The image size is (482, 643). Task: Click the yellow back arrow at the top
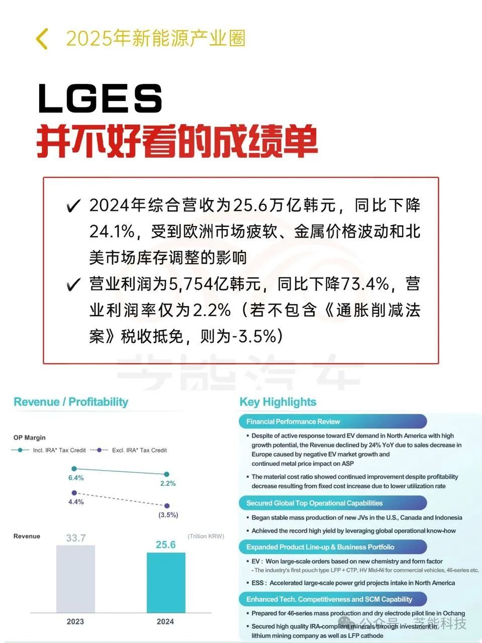(42, 39)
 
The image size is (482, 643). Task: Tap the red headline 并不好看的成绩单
(177, 141)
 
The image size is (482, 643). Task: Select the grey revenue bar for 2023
(75, 579)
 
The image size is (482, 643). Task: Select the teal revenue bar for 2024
(166, 583)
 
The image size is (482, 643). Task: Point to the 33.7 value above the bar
(76, 538)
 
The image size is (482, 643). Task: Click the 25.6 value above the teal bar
(166, 545)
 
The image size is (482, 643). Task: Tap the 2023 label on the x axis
(75, 621)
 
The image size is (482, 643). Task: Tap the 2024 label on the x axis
(165, 621)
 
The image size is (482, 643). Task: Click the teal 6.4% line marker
(74, 469)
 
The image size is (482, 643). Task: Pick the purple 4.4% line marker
(74, 493)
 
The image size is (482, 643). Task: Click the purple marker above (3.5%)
(167, 506)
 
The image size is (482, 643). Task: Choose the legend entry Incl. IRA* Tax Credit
(59, 450)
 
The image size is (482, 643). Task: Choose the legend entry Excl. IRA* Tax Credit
(139, 450)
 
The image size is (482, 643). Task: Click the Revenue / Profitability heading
(71, 402)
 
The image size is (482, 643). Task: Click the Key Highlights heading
(278, 402)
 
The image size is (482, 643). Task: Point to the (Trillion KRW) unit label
(206, 536)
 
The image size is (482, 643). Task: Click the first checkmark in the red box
(73, 206)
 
